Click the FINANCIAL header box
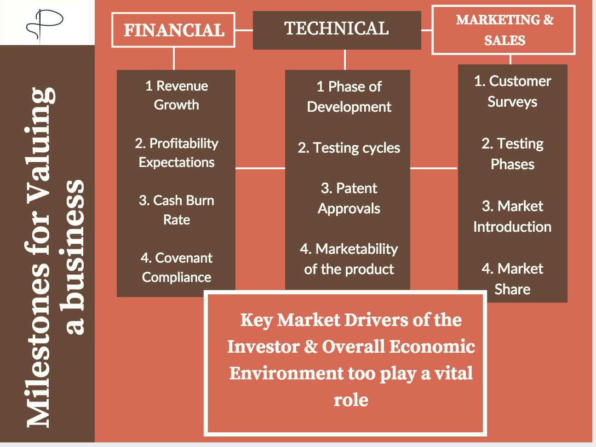173,30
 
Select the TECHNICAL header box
337,29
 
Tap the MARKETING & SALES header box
504,30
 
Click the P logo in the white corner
45,23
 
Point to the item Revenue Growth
177,95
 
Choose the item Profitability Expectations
177,153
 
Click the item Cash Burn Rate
177,210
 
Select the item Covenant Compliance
177,267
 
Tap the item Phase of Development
349,97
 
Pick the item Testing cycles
349,148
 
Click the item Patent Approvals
349,198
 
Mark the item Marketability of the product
349,259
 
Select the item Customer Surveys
512,91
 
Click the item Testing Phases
512,154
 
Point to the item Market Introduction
512,216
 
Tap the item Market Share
512,279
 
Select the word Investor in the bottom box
263,347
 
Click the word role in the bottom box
351,400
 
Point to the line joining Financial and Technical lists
260,168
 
